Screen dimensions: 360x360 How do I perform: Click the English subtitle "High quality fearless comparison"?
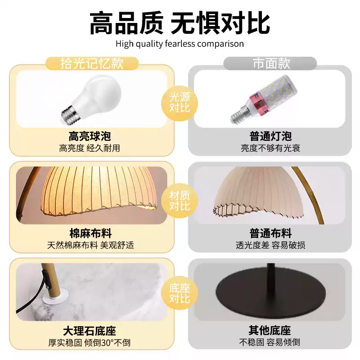click(x=180, y=44)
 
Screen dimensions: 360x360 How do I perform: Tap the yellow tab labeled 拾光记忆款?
click(x=92, y=63)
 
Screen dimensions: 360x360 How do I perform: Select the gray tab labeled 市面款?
click(x=270, y=63)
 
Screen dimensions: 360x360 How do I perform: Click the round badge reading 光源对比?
click(x=180, y=103)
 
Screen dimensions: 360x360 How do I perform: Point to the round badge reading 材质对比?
click(x=180, y=201)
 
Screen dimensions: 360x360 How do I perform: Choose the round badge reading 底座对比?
click(x=180, y=293)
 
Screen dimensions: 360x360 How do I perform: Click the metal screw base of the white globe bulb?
click(x=70, y=115)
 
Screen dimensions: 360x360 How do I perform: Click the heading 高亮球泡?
click(x=90, y=136)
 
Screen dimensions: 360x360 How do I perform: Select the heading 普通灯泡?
click(x=270, y=136)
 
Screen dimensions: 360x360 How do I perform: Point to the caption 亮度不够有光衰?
click(x=270, y=148)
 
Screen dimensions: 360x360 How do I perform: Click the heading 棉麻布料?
click(x=90, y=234)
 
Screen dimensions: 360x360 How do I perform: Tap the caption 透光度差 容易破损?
click(x=270, y=245)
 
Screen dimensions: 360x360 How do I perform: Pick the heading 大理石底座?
click(x=90, y=331)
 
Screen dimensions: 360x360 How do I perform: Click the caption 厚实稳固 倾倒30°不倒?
click(x=89, y=342)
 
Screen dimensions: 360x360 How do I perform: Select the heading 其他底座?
click(x=270, y=331)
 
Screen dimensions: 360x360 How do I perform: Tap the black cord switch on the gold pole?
click(x=45, y=279)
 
